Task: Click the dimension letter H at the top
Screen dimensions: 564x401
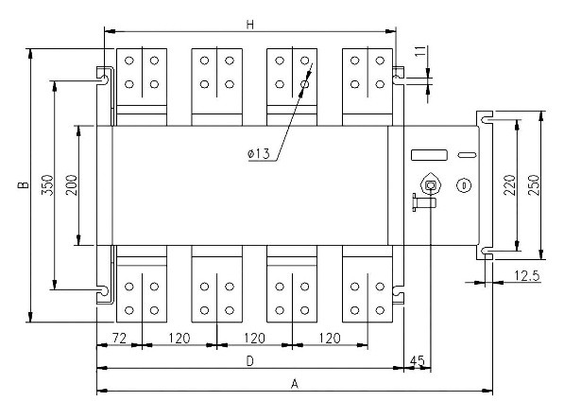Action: pos(250,25)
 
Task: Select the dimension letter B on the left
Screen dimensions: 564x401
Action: pos(24,185)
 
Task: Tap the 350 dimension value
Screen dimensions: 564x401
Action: pos(47,185)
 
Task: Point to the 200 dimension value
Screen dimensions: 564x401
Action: pos(71,185)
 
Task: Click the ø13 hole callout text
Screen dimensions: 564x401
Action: pos(259,154)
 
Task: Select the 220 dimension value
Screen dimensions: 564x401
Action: pos(510,185)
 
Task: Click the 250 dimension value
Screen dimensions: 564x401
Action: pos(534,185)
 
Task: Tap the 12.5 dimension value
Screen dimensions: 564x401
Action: pos(526,276)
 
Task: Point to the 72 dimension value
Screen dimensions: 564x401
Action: pos(119,338)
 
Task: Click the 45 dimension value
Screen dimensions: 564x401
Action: pos(418,360)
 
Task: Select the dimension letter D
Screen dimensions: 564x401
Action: pos(250,360)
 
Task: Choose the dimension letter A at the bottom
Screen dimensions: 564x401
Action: pos(295,384)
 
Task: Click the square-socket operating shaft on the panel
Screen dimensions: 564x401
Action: pos(431,185)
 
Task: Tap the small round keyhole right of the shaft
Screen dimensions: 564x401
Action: pos(464,185)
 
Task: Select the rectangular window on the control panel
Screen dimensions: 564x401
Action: pos(429,155)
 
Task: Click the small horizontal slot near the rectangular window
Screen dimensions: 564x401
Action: pos(468,155)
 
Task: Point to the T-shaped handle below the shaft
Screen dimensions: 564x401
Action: pos(424,202)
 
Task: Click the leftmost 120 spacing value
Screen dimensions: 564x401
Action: pos(179,338)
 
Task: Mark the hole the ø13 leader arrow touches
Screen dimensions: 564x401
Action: pos(304,84)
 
